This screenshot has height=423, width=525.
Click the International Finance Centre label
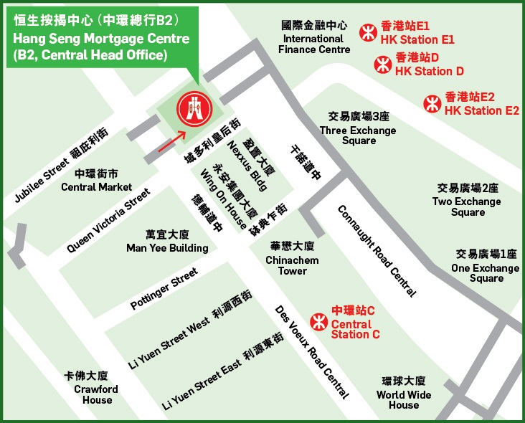click(x=316, y=39)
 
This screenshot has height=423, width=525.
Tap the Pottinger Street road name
click(x=164, y=289)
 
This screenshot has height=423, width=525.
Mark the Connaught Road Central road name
click(x=377, y=251)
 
